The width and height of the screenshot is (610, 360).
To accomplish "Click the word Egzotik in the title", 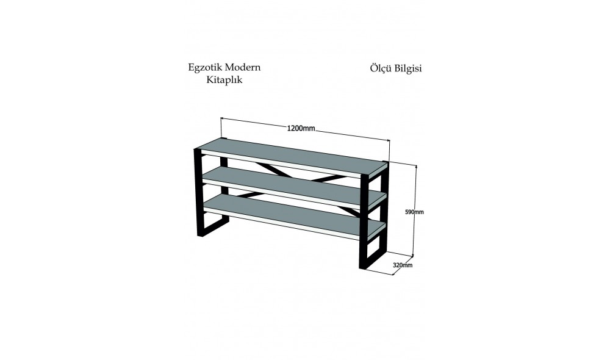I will [204, 68].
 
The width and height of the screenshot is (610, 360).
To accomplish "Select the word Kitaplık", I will [224, 79].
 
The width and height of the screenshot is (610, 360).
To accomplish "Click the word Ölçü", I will [381, 68].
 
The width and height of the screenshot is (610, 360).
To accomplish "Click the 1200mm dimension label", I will [301, 128].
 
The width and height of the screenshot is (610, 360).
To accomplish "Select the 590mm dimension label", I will [414, 212].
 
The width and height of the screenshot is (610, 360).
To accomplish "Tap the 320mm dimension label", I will [403, 265].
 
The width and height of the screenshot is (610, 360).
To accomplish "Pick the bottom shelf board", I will [293, 212].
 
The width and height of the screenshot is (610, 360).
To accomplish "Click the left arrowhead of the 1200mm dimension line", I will [222, 119].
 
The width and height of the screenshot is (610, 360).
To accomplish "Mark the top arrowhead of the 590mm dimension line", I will [417, 167].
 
